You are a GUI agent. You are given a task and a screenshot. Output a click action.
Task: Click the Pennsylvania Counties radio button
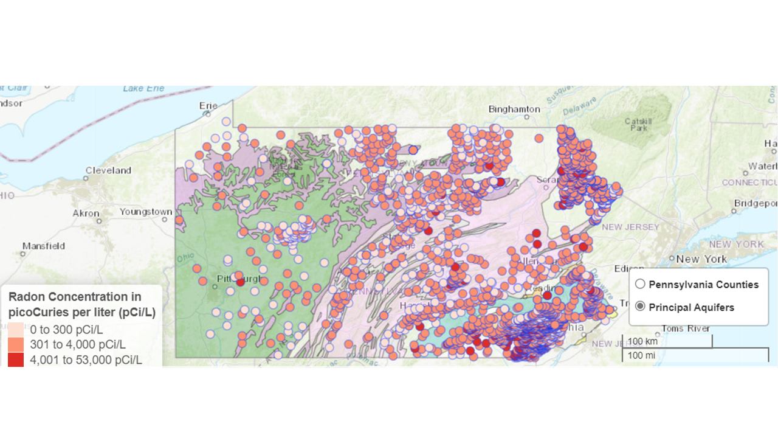pyautogui.click(x=640, y=284)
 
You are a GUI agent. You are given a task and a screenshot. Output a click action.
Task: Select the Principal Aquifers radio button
pyautogui.click(x=640, y=307)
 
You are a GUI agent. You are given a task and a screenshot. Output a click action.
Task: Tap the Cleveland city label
pyautogui.click(x=108, y=170)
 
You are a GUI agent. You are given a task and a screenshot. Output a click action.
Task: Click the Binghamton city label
pyautogui.click(x=514, y=109)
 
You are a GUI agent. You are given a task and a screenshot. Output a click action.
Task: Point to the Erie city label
pyautogui.click(x=208, y=106)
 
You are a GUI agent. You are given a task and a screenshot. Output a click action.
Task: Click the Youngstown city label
pyautogui.click(x=146, y=212)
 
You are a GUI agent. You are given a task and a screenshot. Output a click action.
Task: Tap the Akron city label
pyautogui.click(x=86, y=214)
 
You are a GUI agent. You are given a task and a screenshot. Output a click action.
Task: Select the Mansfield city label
pyautogui.click(x=44, y=246)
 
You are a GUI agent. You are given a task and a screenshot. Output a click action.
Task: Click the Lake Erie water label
pyautogui.click(x=143, y=89)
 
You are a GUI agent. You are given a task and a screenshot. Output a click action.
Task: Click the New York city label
pyautogui.click(x=701, y=259)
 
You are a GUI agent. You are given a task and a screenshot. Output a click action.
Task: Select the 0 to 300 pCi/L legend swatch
pyautogui.click(x=16, y=330)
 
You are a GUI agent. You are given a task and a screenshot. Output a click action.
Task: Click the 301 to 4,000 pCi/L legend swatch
pyautogui.click(x=16, y=345)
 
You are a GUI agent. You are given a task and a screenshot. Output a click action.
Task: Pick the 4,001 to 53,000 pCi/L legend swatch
pyautogui.click(x=16, y=360)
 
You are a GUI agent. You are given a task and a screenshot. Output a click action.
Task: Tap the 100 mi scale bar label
pyautogui.click(x=641, y=355)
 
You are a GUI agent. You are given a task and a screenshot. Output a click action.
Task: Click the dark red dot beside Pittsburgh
pyautogui.click(x=240, y=282)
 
